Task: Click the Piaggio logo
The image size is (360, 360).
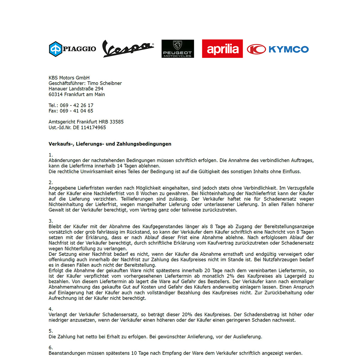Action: pyautogui.click(x=73, y=49)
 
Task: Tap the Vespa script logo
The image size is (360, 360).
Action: pyautogui.click(x=128, y=48)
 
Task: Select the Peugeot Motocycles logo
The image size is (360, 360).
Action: pyautogui.click(x=178, y=49)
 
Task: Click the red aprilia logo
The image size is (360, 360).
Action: pyautogui.click(x=222, y=49)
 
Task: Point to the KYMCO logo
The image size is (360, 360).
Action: pyautogui.click(x=278, y=49)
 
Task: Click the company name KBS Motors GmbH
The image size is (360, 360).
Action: pyautogui.click(x=69, y=78)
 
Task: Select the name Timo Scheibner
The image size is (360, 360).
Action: pyautogui.click(x=104, y=83)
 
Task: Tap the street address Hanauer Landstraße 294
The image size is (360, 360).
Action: pyautogui.click(x=76, y=89)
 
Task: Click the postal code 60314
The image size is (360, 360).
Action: pyautogui.click(x=55, y=94)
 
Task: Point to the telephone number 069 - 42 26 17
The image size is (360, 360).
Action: pyautogui.click(x=76, y=105)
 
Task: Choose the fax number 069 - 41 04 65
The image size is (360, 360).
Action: pyautogui.click(x=76, y=111)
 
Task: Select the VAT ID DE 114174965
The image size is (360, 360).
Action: pyautogui.click(x=89, y=127)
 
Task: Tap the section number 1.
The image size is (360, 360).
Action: pyautogui.click(x=50, y=155)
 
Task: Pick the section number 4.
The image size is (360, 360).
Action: pyautogui.click(x=50, y=309)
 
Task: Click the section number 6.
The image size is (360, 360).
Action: pyautogui.click(x=50, y=348)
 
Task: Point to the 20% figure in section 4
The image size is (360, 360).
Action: pyautogui.click(x=187, y=315)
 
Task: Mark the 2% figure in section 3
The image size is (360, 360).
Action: pyautogui.click(x=230, y=276)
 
